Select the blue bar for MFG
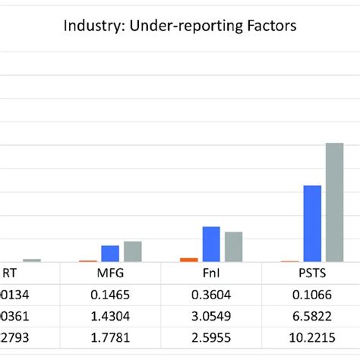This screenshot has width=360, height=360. tap(110, 254)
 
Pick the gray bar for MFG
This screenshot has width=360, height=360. tap(133, 251)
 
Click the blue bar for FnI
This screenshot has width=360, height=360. tap(211, 244)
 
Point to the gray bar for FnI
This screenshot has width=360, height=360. tap(234, 247)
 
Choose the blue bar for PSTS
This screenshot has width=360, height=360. tap(312, 223)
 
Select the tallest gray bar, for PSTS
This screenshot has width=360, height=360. tap(335, 202)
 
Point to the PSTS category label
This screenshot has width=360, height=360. tap(312, 274)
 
